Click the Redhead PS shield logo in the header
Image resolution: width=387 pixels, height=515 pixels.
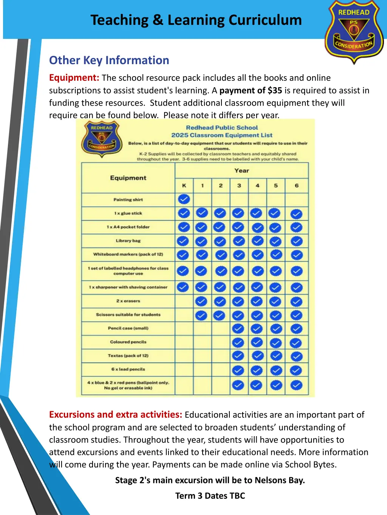coord(354,32)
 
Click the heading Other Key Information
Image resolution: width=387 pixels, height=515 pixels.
coord(109,60)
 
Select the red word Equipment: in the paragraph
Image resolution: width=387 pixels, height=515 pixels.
coord(74,78)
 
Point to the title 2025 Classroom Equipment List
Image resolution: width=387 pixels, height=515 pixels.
coord(221,135)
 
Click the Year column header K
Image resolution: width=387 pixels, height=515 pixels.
coord(184,186)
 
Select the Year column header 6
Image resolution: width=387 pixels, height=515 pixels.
coord(297,186)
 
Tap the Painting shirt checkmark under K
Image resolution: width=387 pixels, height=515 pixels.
coord(184,199)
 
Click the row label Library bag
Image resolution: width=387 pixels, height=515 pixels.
coord(128,241)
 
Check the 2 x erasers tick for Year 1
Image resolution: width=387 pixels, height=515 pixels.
coord(201,301)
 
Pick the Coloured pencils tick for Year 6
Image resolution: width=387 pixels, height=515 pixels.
coord(296,343)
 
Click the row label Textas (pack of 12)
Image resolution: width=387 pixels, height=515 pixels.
coord(128,356)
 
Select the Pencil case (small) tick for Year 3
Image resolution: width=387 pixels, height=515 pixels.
coord(238,329)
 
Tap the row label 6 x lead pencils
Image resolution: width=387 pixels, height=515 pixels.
coord(128,369)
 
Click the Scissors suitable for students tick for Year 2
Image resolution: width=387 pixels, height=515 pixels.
coord(219,315)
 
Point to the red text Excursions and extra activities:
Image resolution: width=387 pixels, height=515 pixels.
coord(116,415)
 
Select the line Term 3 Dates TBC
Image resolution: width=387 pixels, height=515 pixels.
coord(210,496)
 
